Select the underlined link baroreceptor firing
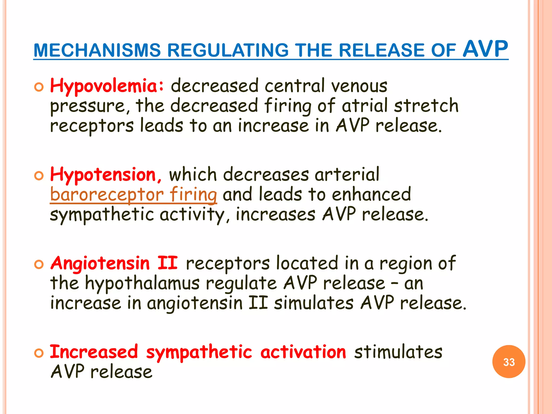[x=133, y=195]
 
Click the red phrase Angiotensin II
[x=114, y=263]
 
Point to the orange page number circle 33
[x=509, y=362]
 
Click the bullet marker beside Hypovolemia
[x=39, y=87]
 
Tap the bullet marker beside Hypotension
[x=39, y=176]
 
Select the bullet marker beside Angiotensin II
[x=39, y=265]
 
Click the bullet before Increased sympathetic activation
[x=39, y=353]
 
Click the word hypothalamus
[x=142, y=284]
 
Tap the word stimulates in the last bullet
[x=398, y=352]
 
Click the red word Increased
[x=94, y=352]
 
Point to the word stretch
[x=426, y=106]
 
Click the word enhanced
[x=371, y=195]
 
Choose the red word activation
[x=303, y=352]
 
